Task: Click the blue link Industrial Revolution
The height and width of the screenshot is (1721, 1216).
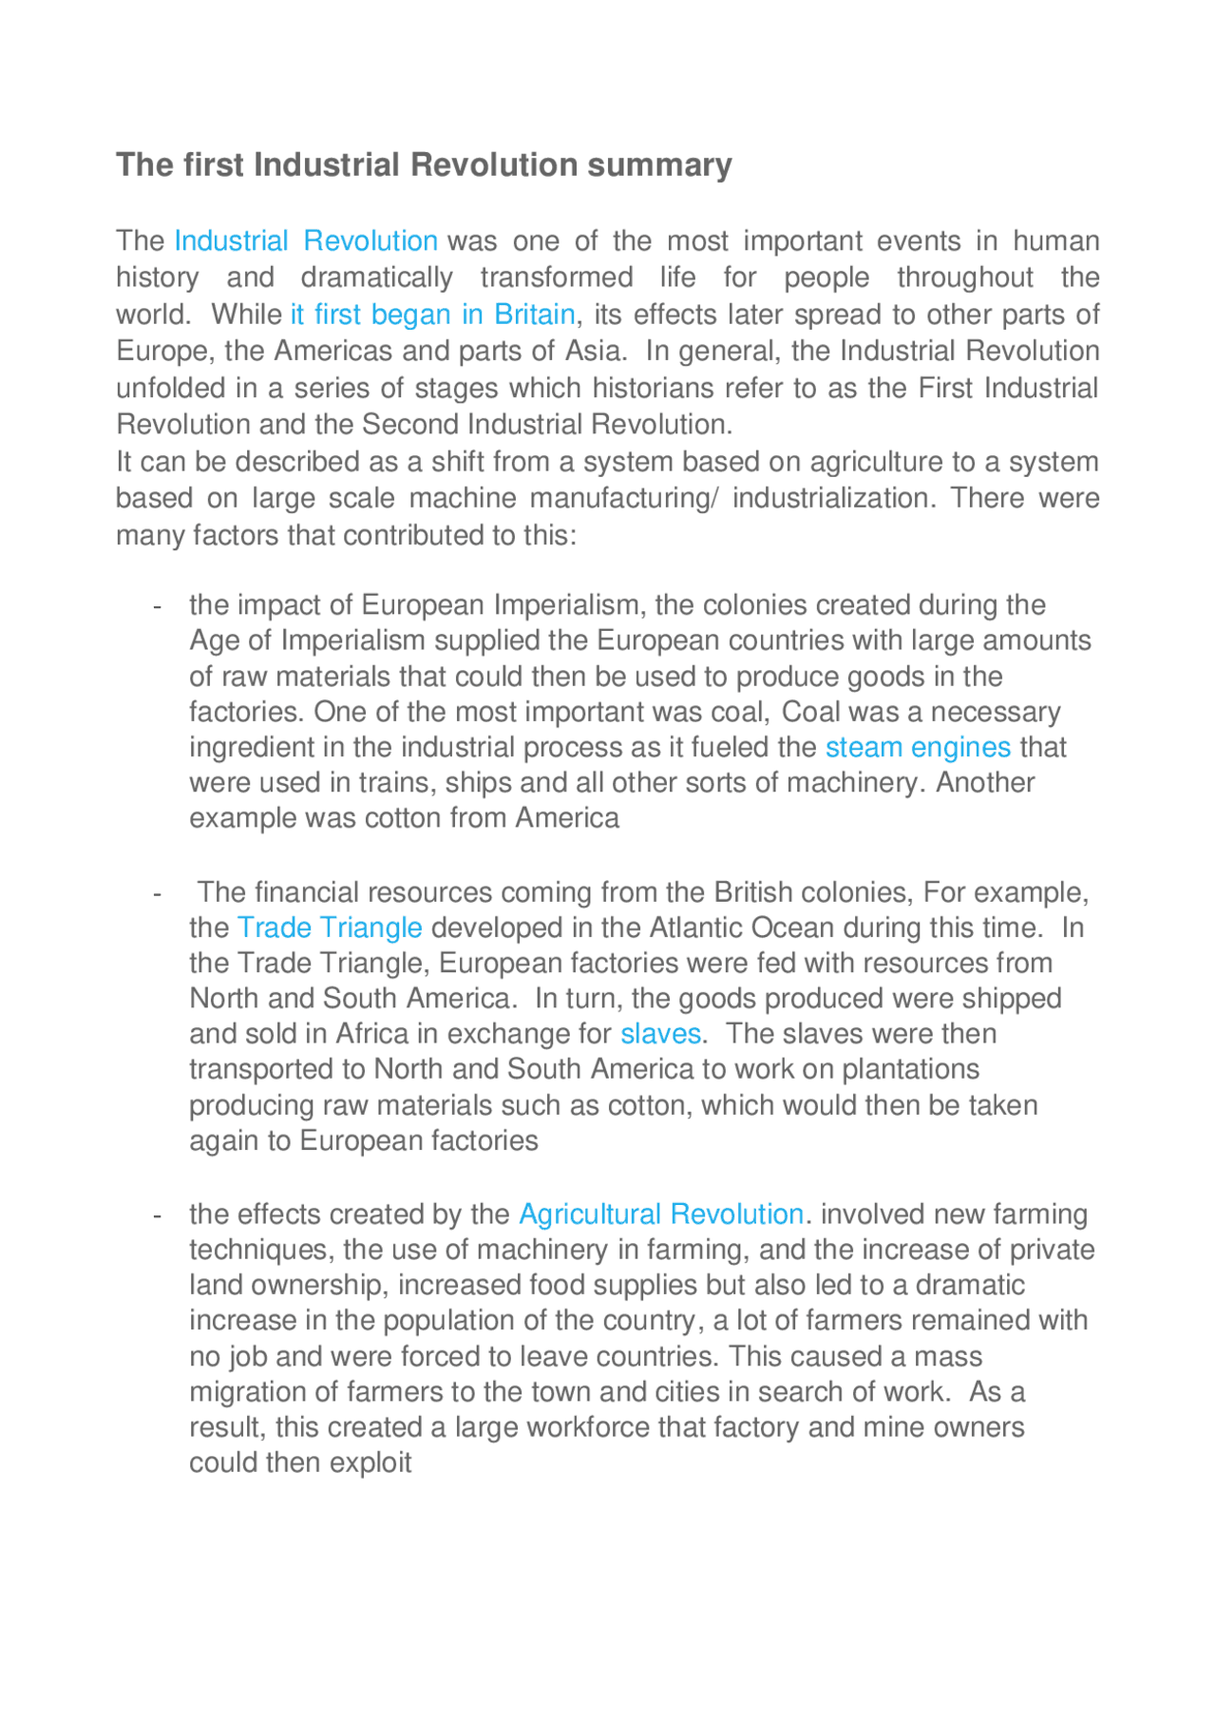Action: tap(305, 241)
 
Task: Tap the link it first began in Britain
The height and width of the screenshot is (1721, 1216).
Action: tap(432, 315)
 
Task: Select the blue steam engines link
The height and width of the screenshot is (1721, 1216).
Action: tap(918, 748)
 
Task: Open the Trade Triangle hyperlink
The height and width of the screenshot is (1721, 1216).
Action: tap(329, 927)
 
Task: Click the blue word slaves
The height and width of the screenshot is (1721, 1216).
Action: tap(660, 1034)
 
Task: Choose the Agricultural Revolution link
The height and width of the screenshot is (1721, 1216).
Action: tap(661, 1214)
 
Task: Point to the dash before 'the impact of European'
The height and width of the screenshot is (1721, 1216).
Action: tap(158, 606)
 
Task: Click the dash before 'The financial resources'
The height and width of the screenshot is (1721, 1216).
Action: tap(158, 894)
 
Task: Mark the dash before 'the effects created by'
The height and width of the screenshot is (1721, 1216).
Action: tap(158, 1215)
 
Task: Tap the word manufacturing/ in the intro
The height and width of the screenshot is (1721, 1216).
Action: tap(624, 499)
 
